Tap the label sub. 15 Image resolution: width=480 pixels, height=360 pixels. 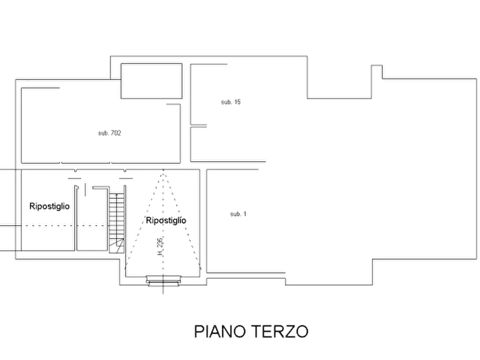231,102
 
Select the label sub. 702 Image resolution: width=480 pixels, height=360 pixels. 110,133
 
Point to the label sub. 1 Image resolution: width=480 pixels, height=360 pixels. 238,214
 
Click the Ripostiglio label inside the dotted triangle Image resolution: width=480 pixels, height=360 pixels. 166,220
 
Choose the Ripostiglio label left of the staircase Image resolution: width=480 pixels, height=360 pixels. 49,206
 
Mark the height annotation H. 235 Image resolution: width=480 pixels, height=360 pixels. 161,247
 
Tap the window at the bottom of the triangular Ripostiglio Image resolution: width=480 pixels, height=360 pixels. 163,280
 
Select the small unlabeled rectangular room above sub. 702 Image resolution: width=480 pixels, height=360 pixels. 152,81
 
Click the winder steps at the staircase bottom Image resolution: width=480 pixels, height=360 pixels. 117,246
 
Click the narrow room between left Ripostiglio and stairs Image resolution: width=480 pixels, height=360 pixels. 92,219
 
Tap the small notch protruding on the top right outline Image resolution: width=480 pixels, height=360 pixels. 377,71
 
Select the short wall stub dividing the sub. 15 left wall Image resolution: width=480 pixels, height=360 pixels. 198,126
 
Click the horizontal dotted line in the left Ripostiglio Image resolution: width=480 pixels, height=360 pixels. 65,226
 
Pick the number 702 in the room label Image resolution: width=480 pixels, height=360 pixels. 116,133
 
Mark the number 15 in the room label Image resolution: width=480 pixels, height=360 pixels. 238,102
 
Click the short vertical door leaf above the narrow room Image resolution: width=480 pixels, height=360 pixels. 85,190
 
